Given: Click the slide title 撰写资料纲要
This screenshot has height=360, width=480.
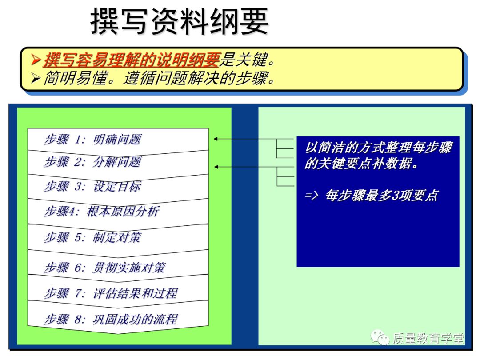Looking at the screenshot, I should click(x=180, y=21).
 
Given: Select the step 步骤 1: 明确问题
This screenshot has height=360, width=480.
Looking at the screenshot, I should click(x=92, y=139).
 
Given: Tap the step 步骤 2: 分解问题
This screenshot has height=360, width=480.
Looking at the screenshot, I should click(x=92, y=162).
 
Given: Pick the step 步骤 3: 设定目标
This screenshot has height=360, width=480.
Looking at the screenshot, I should click(x=92, y=186).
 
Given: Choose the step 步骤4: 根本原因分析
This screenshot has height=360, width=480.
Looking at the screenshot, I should click(x=101, y=211).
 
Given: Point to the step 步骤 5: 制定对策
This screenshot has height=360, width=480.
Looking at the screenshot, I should click(x=92, y=237).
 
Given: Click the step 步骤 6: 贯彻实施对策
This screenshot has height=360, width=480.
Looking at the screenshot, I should click(x=105, y=267).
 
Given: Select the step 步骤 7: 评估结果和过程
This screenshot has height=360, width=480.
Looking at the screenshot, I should click(x=111, y=293).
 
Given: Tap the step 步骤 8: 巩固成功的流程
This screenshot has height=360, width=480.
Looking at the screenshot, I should click(x=111, y=319).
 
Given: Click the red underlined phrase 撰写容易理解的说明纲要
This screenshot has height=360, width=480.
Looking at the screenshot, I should click(x=132, y=60).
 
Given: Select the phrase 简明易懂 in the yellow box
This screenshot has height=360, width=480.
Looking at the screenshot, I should click(x=76, y=78).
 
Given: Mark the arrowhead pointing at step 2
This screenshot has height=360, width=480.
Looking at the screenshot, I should click(x=216, y=167).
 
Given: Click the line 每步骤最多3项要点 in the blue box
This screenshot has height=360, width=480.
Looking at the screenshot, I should click(x=381, y=196).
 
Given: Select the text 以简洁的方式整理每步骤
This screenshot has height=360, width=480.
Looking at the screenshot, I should click(x=378, y=148).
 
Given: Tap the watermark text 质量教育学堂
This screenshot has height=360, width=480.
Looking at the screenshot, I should click(x=428, y=339).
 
